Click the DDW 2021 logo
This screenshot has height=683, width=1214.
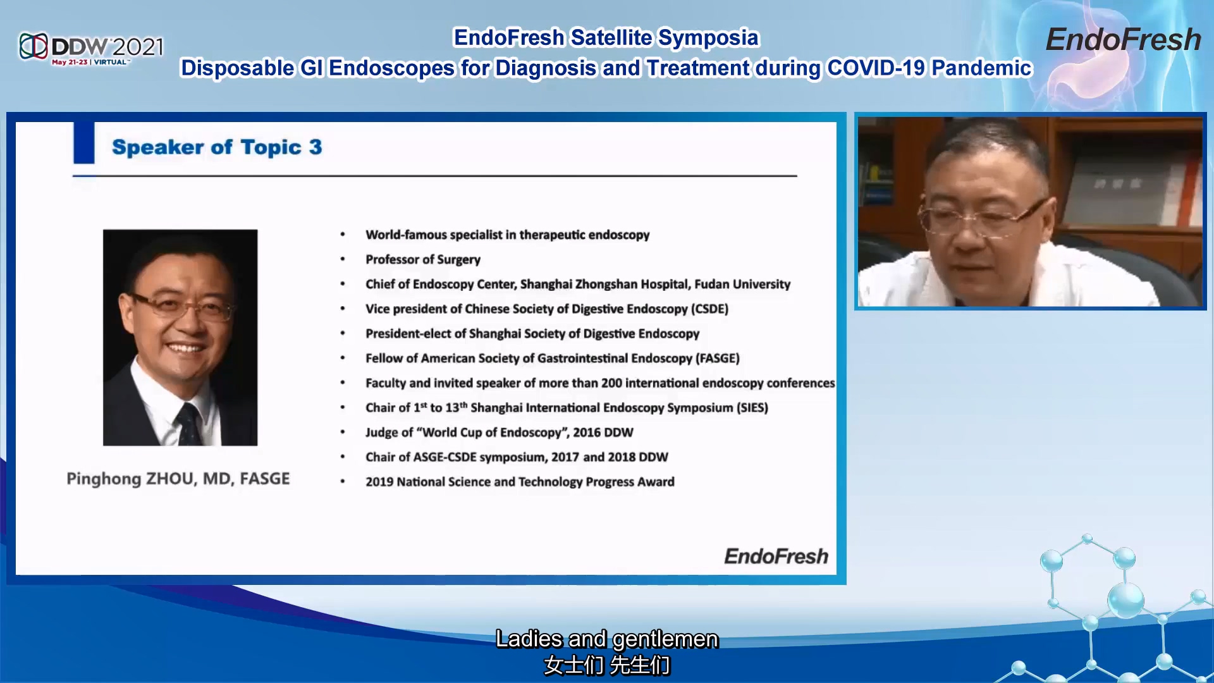[92, 48]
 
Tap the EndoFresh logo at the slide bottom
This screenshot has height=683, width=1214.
[776, 556]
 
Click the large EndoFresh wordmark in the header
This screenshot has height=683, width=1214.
[1123, 40]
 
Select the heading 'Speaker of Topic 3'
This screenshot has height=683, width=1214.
[217, 147]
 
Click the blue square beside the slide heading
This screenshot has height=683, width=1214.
[84, 143]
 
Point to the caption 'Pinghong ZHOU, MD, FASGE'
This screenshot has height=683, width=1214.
[178, 479]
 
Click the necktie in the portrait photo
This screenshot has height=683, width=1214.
[189, 424]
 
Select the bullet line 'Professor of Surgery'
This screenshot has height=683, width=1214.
[423, 259]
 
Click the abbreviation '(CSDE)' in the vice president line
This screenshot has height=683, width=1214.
[709, 309]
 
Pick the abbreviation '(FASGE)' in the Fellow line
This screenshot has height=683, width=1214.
[718, 358]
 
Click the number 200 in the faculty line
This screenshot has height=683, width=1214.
[611, 383]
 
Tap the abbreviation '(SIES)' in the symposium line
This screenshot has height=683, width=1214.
[752, 407]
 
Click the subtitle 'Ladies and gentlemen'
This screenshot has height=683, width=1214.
[607, 639]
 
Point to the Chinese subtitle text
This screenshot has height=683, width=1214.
[607, 665]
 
